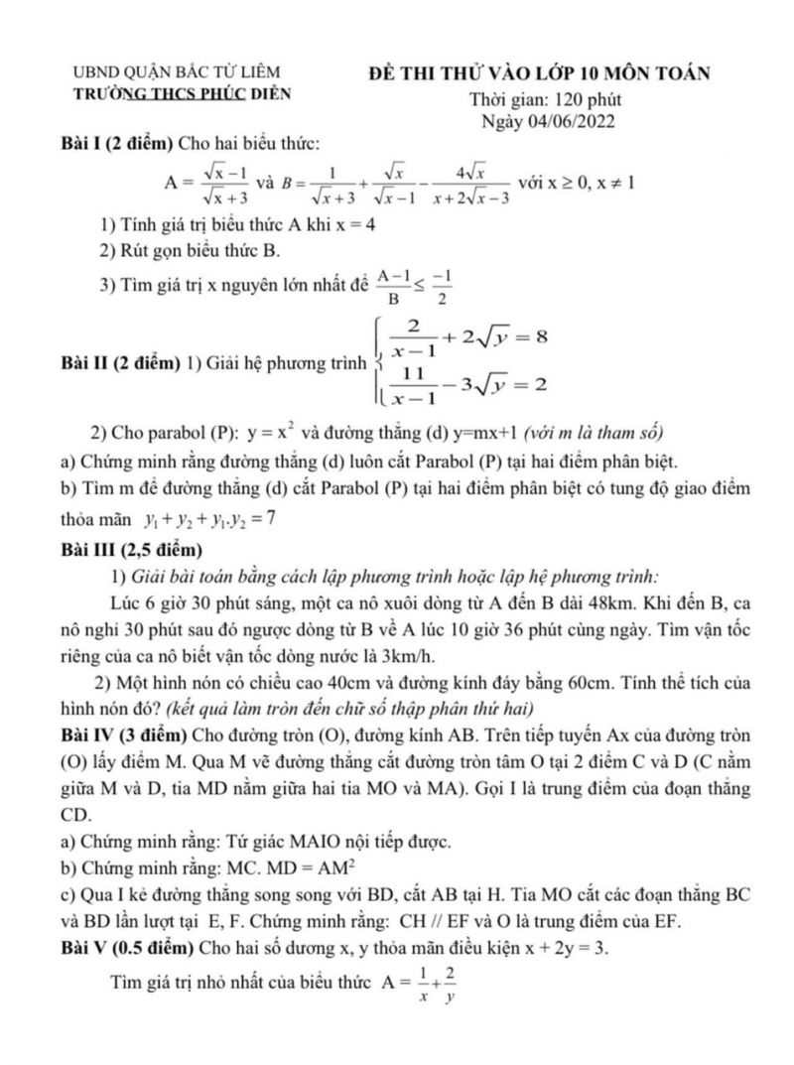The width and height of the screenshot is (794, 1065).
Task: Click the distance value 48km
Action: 571,603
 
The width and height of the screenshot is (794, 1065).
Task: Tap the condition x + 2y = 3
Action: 559,947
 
